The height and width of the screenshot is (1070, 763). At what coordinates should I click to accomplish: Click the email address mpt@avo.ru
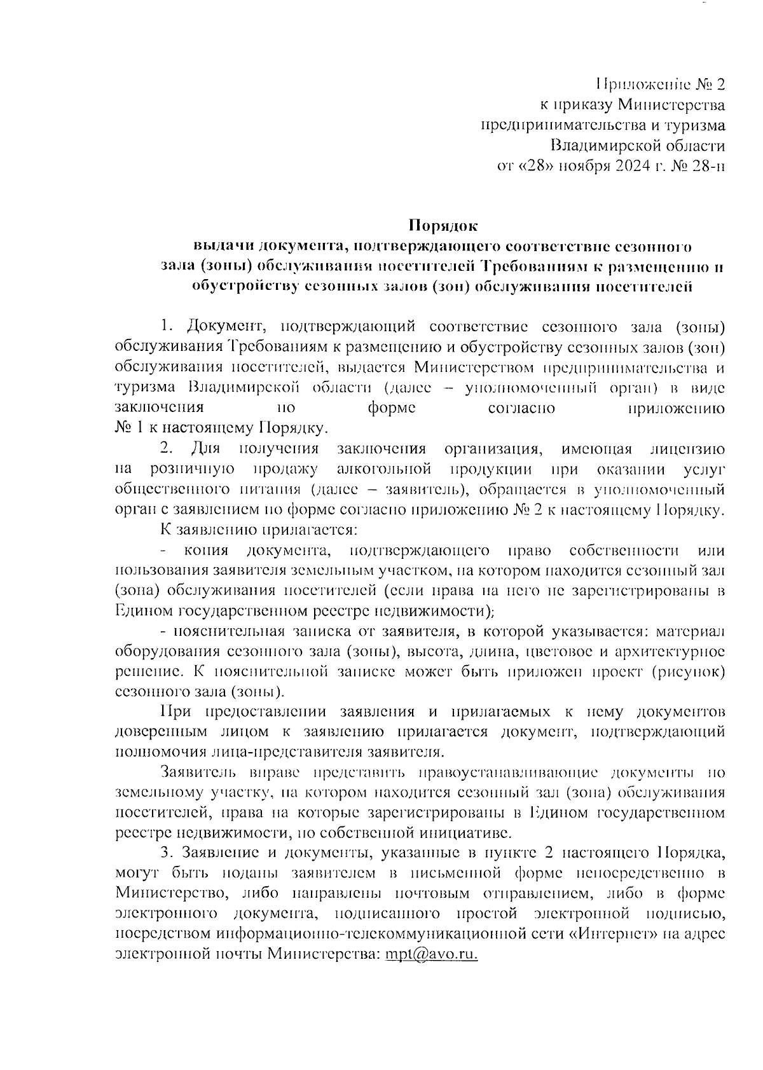431,955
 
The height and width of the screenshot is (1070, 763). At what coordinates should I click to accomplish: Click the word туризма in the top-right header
691,125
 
